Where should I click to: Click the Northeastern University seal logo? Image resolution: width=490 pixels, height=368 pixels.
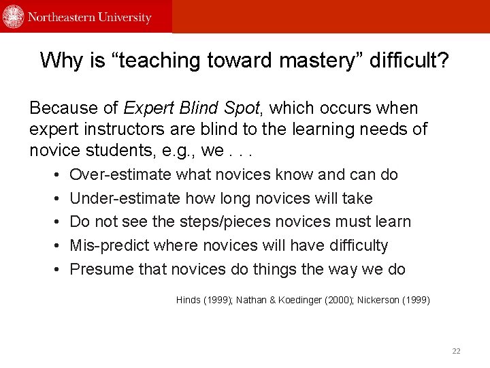click(14, 16)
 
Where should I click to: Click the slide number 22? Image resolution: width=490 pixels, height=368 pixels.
click(456, 351)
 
